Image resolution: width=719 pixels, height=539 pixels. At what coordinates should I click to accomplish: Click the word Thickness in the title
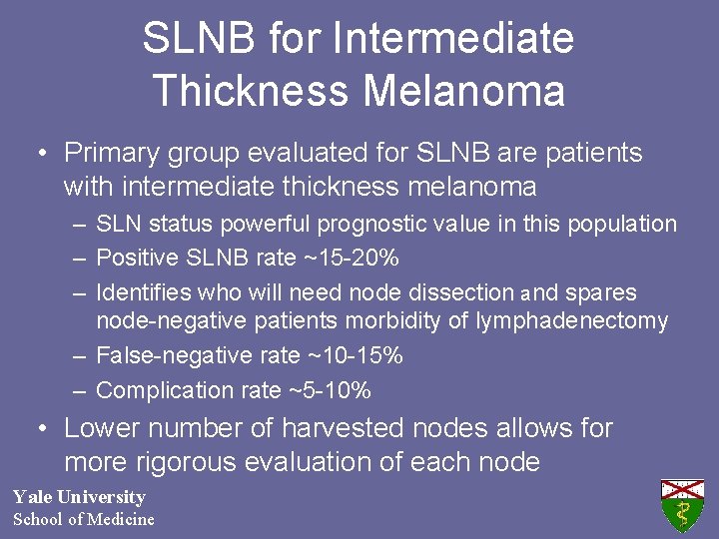click(249, 91)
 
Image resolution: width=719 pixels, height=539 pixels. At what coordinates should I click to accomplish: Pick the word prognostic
click(389, 224)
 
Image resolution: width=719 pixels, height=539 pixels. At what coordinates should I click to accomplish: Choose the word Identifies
click(143, 293)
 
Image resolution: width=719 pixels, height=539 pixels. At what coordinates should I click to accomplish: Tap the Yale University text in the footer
click(79, 497)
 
